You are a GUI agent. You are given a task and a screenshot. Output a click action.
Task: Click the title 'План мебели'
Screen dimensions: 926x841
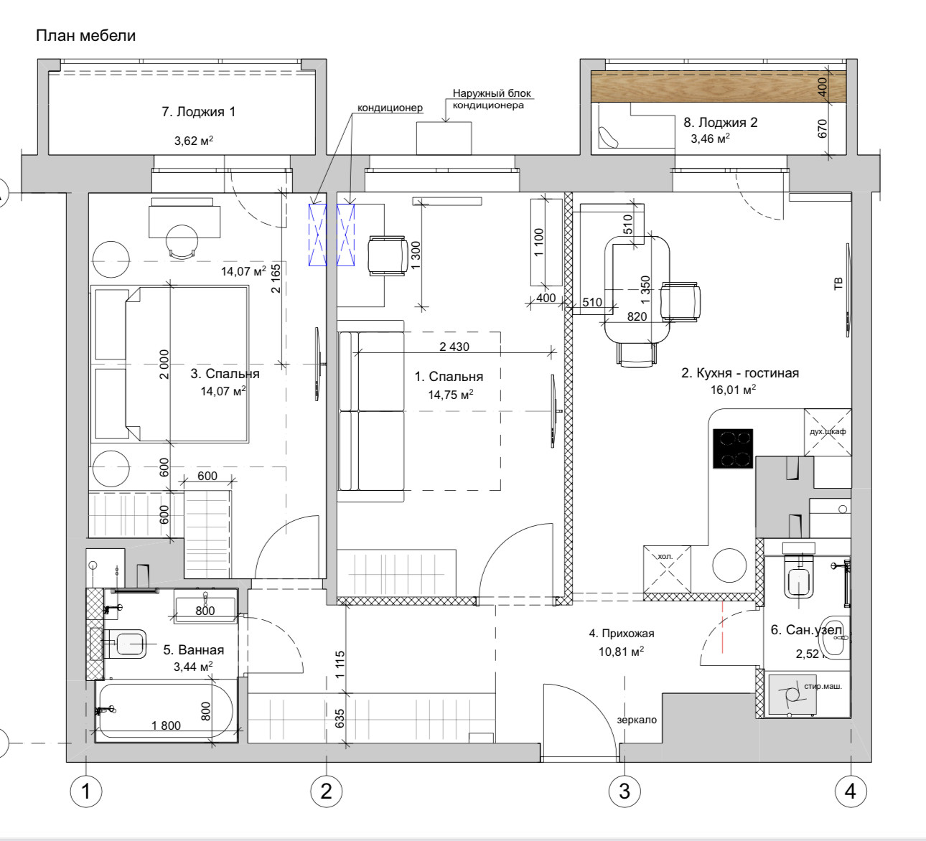[x=86, y=36]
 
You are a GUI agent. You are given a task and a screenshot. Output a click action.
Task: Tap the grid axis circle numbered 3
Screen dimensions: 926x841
[x=625, y=791]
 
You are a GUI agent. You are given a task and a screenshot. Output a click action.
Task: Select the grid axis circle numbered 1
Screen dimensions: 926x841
[x=86, y=791]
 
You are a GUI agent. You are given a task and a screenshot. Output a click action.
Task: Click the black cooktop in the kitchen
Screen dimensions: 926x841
[x=733, y=448]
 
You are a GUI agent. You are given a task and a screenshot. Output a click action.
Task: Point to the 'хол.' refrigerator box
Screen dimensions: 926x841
[x=667, y=569]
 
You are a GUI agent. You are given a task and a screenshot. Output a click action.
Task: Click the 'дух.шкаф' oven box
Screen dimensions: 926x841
[x=828, y=432]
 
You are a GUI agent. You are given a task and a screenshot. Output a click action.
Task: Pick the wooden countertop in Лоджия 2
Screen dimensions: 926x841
[x=719, y=86]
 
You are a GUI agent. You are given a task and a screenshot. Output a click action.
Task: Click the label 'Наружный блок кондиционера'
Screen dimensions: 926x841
[x=492, y=99]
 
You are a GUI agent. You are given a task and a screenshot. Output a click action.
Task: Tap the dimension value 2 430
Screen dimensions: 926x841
[x=454, y=347]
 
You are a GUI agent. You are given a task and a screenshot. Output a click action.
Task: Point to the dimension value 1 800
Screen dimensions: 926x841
[x=167, y=725]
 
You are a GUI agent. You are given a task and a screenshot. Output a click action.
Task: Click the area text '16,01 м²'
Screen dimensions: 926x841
[x=733, y=390]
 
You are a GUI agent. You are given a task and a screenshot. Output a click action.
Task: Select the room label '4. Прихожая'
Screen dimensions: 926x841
[x=622, y=634]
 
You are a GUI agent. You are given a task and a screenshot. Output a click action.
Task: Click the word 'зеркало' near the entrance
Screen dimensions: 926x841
[x=637, y=720]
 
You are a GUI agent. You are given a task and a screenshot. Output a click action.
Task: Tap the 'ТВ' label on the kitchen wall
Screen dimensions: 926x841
[x=838, y=283]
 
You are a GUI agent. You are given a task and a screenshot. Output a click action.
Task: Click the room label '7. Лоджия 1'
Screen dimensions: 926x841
[x=199, y=112]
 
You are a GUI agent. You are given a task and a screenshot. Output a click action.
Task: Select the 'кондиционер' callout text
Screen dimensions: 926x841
[x=390, y=108]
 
